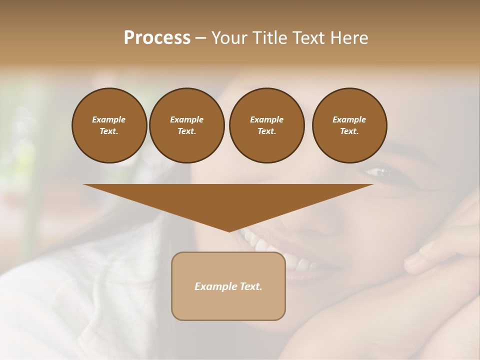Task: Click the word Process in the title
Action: pos(157,38)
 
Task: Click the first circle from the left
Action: pos(109,125)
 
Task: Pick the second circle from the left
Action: pos(186,125)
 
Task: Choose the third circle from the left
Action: pos(266,125)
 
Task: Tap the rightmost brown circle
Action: pos(349,125)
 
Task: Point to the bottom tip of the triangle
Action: pos(229,231)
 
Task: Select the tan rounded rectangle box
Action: pos(228,286)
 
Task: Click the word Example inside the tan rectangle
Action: pos(214,286)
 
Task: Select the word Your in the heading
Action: pos(228,38)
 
